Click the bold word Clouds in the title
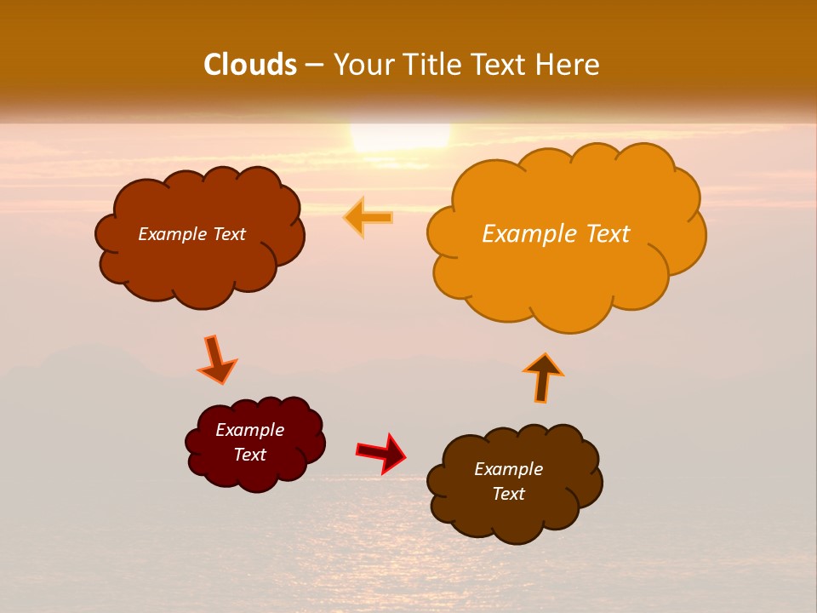click(x=250, y=65)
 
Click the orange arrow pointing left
click(x=369, y=218)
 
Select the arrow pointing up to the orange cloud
click(x=543, y=376)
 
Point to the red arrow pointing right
click(x=381, y=452)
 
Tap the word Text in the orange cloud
click(x=608, y=234)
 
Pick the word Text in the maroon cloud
click(x=250, y=455)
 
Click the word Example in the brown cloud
click(x=508, y=469)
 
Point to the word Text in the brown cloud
click(x=509, y=494)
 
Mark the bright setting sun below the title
click(x=400, y=136)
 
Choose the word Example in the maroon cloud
click(x=250, y=430)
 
